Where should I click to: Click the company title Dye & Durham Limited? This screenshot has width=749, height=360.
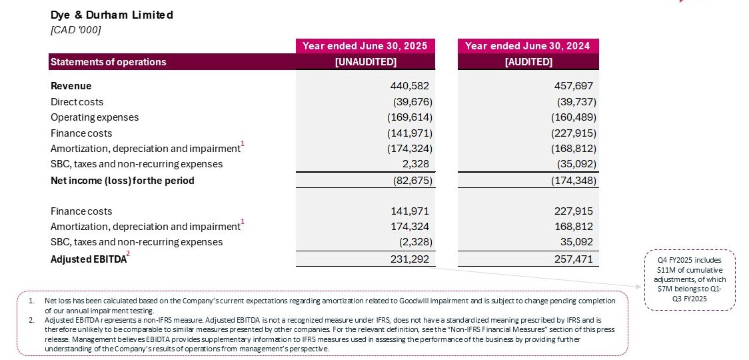(112, 15)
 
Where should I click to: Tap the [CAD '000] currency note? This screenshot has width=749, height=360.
(76, 29)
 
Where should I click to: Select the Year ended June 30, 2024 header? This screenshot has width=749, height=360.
(528, 46)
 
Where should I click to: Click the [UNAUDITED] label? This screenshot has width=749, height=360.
(365, 62)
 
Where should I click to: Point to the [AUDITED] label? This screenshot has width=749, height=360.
(528, 62)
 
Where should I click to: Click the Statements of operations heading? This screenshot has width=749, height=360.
(109, 62)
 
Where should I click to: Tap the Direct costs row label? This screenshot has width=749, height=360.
(77, 102)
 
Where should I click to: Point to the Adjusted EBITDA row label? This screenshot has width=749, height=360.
(88, 259)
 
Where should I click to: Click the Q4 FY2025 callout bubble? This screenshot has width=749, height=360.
(689, 279)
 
